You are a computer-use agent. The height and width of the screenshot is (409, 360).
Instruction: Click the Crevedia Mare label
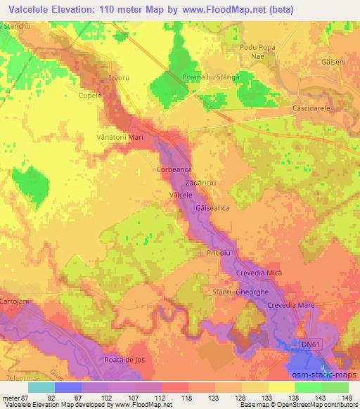pos(292,304)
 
